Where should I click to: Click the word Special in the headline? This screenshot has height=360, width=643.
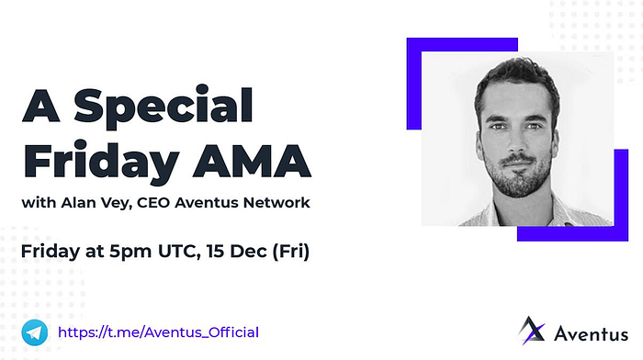pos(164,107)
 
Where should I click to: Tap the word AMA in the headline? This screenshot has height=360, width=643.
pos(252,160)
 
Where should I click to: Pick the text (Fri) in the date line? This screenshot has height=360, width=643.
pos(291,252)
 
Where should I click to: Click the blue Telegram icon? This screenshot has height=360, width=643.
pos(35,332)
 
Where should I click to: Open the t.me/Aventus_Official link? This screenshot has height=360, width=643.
pos(158,332)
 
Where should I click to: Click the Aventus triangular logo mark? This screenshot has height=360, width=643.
pos(532,330)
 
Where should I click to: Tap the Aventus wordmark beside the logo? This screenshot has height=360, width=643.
pos(591,333)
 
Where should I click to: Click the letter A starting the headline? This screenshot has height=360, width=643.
pos(41,106)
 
